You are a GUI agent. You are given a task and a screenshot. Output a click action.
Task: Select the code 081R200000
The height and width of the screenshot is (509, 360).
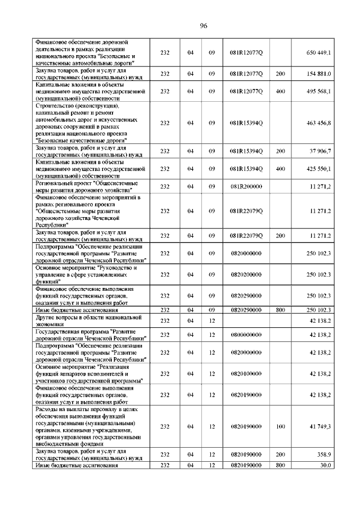[x=246, y=186]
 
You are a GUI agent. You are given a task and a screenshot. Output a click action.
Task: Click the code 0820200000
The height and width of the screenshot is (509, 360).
[x=246, y=274]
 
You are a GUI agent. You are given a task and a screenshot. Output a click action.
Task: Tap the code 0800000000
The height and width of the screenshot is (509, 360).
[x=246, y=335]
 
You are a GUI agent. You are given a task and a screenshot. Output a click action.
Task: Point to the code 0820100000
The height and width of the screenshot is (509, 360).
[x=246, y=373]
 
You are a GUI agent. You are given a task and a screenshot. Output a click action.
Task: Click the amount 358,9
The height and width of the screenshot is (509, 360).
[x=323, y=454]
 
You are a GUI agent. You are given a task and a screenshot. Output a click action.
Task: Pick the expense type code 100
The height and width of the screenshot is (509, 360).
[x=280, y=427]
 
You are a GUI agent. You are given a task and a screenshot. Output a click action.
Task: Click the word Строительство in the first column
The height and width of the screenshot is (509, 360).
[x=57, y=106]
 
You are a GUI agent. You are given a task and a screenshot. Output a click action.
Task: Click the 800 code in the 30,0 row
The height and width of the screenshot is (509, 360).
[x=280, y=465]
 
